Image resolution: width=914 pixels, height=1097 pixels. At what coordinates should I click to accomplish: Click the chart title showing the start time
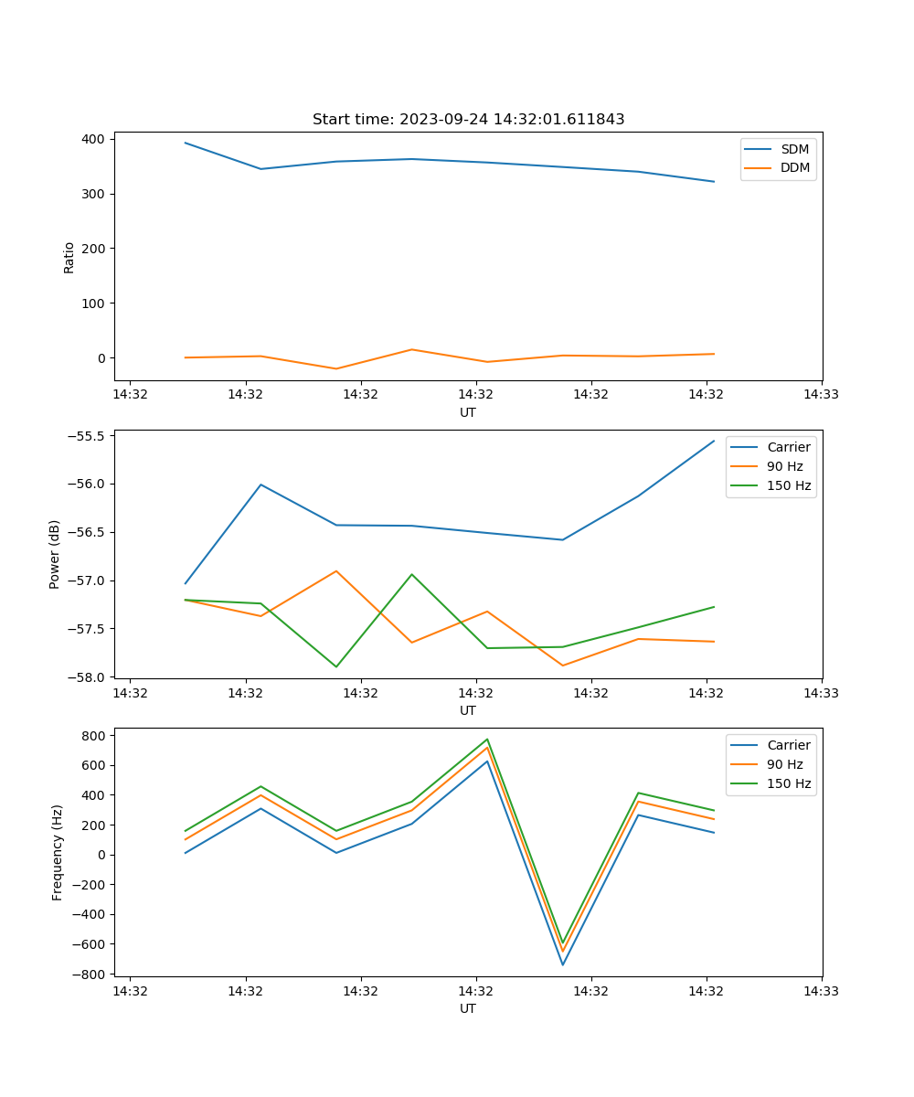pos(468,120)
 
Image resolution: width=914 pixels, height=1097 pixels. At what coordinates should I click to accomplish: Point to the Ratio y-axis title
pos(69,257)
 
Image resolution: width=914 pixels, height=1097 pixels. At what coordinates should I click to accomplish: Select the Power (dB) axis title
pos(55,554)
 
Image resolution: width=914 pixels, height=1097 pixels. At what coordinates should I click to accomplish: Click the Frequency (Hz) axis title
pos(58,852)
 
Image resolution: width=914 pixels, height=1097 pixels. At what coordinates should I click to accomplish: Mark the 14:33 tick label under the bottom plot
pos(822,990)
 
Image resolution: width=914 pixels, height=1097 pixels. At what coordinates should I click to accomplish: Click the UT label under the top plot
pos(468,412)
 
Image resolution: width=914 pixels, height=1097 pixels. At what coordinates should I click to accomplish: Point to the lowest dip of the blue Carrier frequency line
pos(562,964)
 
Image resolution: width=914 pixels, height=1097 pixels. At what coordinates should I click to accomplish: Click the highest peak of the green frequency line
pos(487,740)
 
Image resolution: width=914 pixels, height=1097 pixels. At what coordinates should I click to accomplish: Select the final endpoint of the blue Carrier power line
pos(714,441)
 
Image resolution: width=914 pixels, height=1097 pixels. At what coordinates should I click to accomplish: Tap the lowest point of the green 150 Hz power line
pos(336,666)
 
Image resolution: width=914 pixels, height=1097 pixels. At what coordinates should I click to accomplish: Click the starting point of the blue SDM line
pos(186,143)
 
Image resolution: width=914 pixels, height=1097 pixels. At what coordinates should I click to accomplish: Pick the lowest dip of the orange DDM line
pos(336,368)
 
